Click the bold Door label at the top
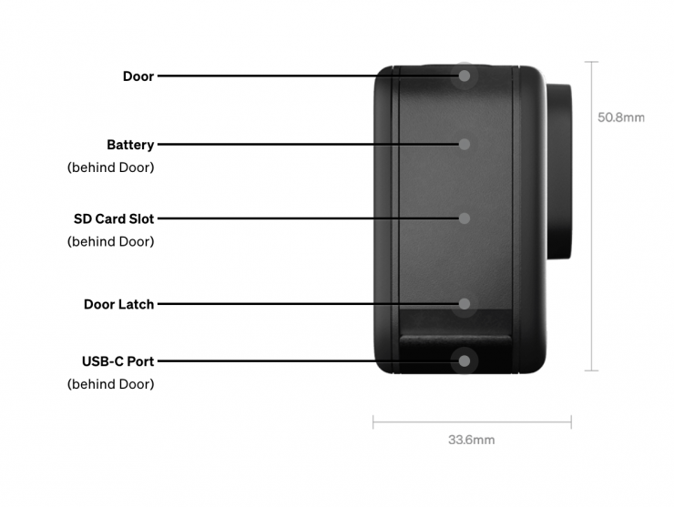(138, 76)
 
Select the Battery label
(130, 145)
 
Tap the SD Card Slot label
(114, 219)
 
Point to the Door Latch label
(118, 304)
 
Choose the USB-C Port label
(117, 361)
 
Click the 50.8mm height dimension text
(621, 117)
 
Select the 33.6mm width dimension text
(471, 440)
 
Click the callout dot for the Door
(465, 76)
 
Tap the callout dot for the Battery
(465, 144)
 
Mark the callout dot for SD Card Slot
(465, 218)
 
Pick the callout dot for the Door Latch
(465, 304)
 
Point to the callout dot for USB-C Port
(465, 361)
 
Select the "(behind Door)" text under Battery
(110, 168)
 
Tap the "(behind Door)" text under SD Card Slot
(110, 242)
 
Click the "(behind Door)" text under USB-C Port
(110, 384)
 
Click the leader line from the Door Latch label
(301, 304)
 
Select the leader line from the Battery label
(301, 144)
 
